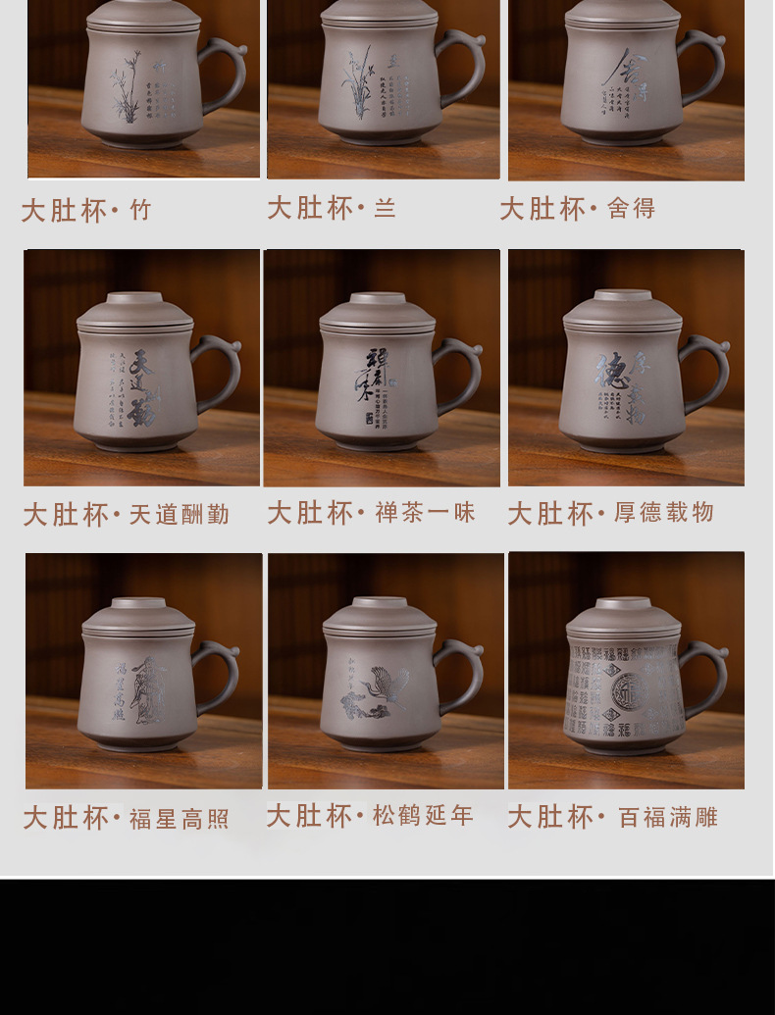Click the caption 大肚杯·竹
point(87,211)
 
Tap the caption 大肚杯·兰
point(332,208)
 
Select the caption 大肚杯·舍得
point(577,208)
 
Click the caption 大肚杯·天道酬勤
point(127,515)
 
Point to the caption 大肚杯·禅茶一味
point(371,512)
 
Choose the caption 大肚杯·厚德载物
point(610,513)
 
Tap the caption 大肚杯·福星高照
point(127,818)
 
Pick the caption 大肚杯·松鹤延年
point(370,815)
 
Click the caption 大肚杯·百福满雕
point(612,817)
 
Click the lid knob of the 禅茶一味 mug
point(378,298)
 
